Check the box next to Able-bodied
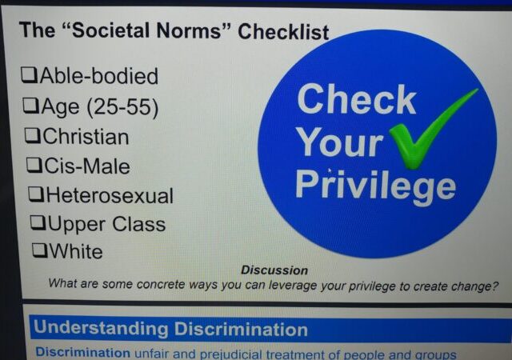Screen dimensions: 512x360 pyautogui.click(x=30, y=75)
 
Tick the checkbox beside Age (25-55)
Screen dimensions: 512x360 pyautogui.click(x=31, y=106)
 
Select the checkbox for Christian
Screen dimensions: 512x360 pyautogui.click(x=33, y=135)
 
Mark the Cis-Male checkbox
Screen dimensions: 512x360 pyautogui.click(x=34, y=166)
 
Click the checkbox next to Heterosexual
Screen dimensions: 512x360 pyautogui.click(x=37, y=194)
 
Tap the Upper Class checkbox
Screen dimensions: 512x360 pyautogui.click(x=38, y=223)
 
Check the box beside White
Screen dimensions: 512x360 pyautogui.click(x=40, y=250)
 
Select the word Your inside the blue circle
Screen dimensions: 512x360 pyautogui.click(x=341, y=142)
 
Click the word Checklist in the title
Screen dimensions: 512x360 pyautogui.click(x=283, y=32)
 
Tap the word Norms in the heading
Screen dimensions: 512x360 pyautogui.click(x=190, y=30)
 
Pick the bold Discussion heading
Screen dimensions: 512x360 pyautogui.click(x=274, y=270)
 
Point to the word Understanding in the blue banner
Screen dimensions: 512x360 pyautogui.click(x=101, y=328)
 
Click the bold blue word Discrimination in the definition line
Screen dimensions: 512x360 pyautogui.click(x=82, y=352)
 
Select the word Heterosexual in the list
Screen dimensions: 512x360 pyautogui.click(x=110, y=196)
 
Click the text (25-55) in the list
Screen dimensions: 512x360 pyautogui.click(x=122, y=107)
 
